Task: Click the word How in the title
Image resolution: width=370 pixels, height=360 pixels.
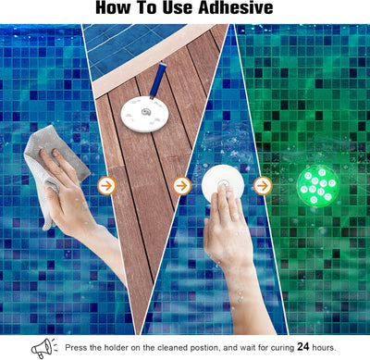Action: pos(117,8)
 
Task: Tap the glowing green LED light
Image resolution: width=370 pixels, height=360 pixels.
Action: pos(317,185)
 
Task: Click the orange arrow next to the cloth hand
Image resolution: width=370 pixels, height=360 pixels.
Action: pos(106,185)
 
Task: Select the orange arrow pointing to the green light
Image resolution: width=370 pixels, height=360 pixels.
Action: pos(263,185)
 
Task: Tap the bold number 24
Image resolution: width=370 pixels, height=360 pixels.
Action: pos(307,347)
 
